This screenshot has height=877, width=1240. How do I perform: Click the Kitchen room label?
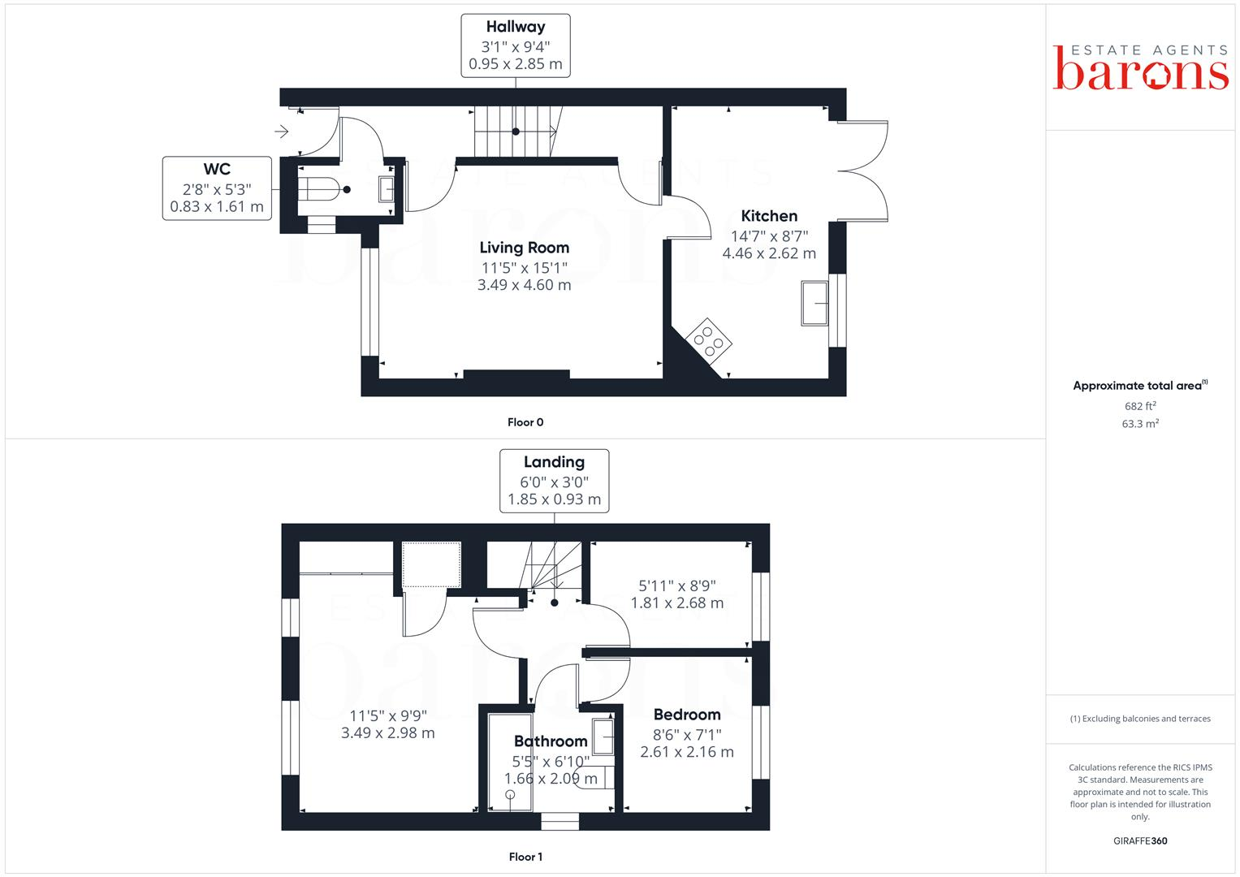click(769, 216)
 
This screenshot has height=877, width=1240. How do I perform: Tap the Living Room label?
click(524, 248)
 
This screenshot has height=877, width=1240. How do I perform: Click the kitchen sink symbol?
click(814, 303)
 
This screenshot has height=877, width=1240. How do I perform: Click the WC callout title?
click(217, 169)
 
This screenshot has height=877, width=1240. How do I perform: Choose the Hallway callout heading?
click(515, 27)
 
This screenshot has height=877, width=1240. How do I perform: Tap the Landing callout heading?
click(554, 462)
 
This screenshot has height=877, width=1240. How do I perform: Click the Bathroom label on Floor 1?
click(551, 741)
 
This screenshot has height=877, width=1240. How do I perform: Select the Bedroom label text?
click(687, 715)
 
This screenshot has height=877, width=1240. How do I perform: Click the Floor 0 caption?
click(525, 422)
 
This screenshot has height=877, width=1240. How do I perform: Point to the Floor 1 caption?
click(525, 857)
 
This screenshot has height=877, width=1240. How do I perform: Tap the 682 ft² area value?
click(1139, 406)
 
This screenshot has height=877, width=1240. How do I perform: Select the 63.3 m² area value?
click(1139, 424)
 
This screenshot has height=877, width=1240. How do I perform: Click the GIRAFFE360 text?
click(1139, 841)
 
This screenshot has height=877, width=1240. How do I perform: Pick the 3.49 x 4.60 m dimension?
click(524, 285)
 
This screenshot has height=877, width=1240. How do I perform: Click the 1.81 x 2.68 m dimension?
click(676, 603)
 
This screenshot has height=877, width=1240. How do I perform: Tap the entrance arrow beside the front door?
click(282, 131)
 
